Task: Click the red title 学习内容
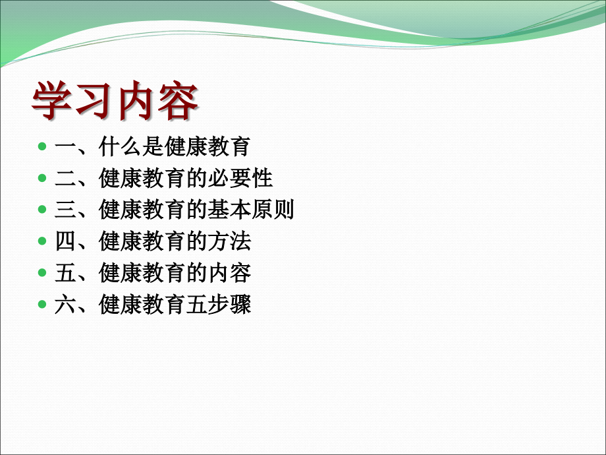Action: pos(115,100)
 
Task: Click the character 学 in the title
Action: pos(52,100)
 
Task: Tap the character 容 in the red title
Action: pos(178,100)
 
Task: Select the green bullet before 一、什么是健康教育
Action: pos(42,146)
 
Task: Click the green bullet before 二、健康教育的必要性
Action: pos(42,178)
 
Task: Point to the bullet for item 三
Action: pos(42,209)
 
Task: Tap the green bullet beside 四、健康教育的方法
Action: pos(42,241)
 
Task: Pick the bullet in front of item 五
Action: pos(42,272)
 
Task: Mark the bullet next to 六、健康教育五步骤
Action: pos(42,304)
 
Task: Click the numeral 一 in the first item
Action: pos(65,146)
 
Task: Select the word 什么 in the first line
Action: pos(120,146)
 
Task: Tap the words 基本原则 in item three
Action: pos(251,210)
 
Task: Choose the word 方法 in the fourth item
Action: pos(230,241)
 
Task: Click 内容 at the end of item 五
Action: pos(230,273)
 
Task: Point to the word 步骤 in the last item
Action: pos(230,304)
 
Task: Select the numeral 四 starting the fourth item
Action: pos(65,241)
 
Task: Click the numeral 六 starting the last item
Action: pos(65,304)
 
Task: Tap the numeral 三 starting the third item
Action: pos(65,210)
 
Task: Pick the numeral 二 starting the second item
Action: pos(65,178)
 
